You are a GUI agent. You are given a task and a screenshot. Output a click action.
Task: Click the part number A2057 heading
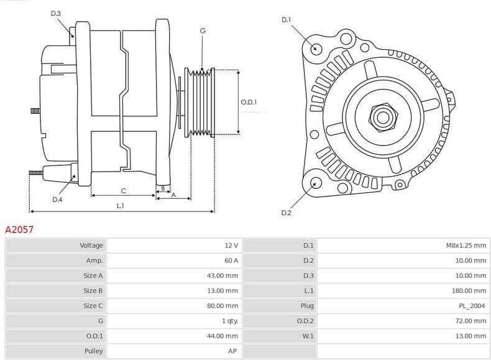point(19,229)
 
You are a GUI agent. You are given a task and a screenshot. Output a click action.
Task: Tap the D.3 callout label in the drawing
point(56,13)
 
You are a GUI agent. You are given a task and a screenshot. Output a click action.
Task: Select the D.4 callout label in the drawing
point(57,200)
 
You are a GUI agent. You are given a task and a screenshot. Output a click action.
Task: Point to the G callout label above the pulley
point(203,30)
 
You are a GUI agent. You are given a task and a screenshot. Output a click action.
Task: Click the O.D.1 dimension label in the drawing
point(249,102)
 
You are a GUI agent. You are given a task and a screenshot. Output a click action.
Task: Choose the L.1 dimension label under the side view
point(121,206)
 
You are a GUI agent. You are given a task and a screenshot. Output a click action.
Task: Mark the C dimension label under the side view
point(124,190)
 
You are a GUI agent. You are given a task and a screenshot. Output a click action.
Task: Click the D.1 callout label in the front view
point(286,20)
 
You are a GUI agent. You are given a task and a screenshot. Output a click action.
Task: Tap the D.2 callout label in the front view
point(286,213)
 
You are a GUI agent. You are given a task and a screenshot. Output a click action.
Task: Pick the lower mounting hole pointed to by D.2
point(316,183)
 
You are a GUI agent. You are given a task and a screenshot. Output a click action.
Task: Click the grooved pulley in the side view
point(201,102)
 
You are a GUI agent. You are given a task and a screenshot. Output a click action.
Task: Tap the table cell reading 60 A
point(231,261)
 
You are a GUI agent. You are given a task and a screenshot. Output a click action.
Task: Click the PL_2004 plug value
point(474,306)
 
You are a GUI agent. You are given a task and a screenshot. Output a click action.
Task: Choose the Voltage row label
point(91,246)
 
